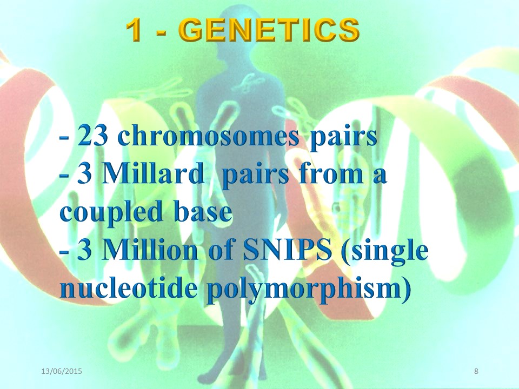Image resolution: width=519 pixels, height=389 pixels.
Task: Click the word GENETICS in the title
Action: [271, 30]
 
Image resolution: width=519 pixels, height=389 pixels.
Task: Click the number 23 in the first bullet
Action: [93, 136]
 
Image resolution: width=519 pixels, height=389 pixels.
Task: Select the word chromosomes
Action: [209, 136]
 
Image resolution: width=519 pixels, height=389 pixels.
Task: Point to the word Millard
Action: [152, 174]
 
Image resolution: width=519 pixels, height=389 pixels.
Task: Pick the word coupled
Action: [111, 213]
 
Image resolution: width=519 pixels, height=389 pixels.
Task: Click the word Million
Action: [150, 250]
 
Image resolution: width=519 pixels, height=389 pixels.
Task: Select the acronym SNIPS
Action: [287, 250]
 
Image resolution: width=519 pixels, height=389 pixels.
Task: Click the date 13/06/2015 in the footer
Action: [62, 371]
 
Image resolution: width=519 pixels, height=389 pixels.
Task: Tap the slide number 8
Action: [476, 371]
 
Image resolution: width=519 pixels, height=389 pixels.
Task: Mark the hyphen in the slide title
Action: [161, 32]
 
